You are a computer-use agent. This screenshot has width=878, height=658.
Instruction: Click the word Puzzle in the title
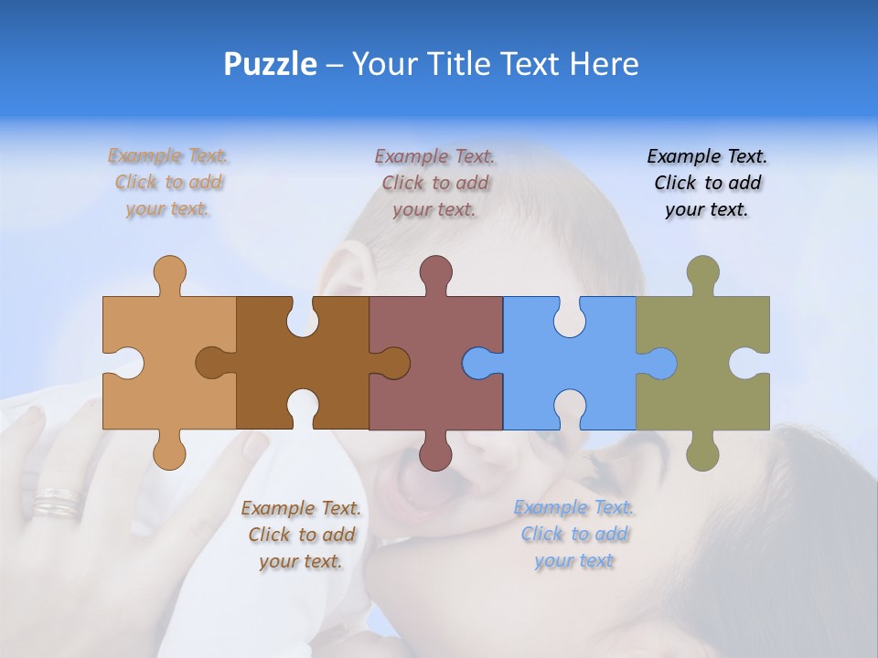click(x=271, y=64)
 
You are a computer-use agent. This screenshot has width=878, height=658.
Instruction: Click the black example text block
click(x=707, y=183)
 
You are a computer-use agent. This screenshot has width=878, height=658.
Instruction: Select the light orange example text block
click(x=168, y=183)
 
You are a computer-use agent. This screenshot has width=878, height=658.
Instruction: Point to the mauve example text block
click(x=435, y=183)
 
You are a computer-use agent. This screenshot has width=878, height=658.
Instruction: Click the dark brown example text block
click(x=301, y=534)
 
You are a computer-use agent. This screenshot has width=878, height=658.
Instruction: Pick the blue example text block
click(x=573, y=534)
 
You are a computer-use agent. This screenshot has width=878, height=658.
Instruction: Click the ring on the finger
click(x=57, y=501)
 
